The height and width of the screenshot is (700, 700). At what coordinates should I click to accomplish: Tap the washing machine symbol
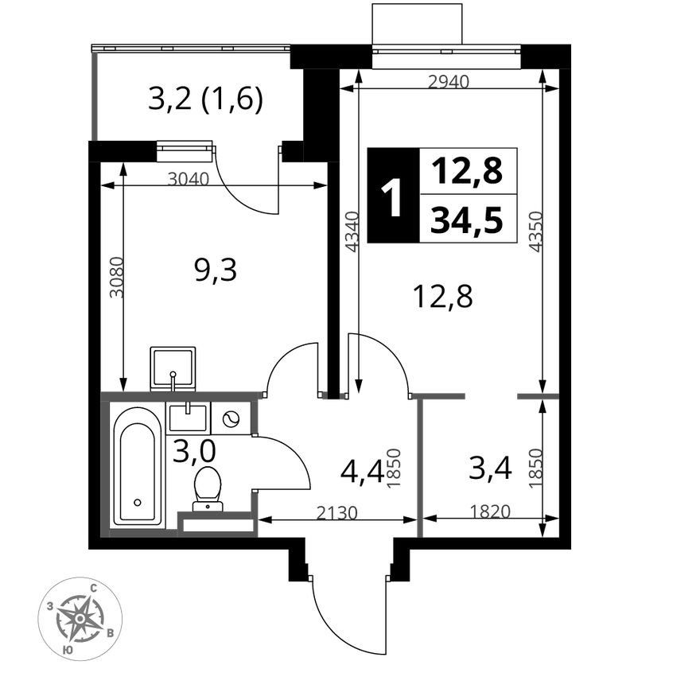(231, 418)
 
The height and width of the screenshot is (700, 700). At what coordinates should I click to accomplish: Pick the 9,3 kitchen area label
(216, 270)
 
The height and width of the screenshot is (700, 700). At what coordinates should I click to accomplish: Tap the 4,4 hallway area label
(362, 472)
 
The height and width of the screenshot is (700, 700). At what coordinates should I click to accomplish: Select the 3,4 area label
(490, 469)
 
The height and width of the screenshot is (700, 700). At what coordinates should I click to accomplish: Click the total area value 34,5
(466, 220)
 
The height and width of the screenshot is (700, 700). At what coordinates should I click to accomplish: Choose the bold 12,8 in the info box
(466, 171)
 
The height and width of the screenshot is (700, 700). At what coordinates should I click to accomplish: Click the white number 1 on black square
(393, 196)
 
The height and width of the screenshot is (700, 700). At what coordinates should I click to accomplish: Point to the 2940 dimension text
(449, 82)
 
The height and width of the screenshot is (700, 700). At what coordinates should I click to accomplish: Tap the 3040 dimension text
(189, 179)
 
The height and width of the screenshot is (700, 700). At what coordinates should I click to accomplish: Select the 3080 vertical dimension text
(116, 277)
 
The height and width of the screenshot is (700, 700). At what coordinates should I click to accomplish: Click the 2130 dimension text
(337, 513)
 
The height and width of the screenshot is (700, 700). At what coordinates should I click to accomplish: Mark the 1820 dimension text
(489, 511)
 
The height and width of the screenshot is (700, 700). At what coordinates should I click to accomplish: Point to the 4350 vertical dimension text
(535, 231)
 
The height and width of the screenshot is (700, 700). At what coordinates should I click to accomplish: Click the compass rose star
(80, 618)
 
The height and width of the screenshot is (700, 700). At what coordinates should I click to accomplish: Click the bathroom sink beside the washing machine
(188, 418)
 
